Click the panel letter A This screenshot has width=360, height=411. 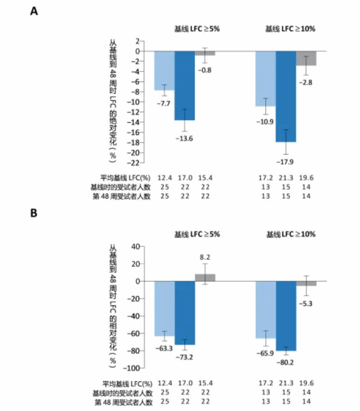click(33, 12)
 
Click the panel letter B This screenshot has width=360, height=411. click(33, 214)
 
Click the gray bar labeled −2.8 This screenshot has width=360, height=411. click(306, 58)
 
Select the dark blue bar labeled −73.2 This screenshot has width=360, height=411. click(185, 312)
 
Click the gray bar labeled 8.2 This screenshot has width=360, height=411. click(205, 277)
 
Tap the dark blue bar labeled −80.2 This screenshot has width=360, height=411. click(286, 316)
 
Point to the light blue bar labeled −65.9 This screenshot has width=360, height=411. click(266, 309)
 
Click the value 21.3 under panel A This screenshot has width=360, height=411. click(286, 177)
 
